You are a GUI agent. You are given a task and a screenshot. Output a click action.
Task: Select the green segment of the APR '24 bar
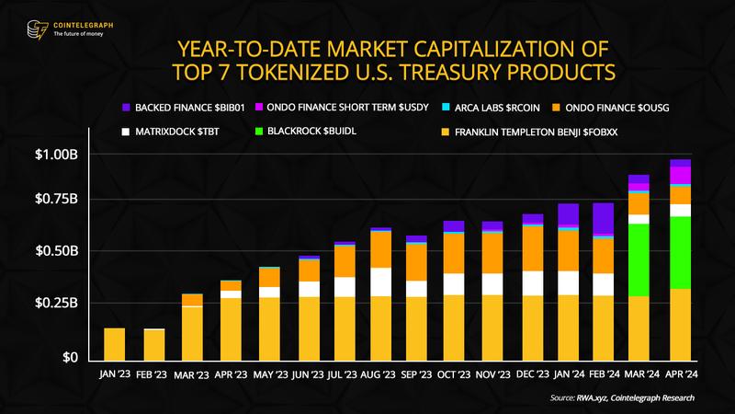680,252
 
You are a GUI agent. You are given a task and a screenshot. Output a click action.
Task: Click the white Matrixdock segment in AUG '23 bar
380,282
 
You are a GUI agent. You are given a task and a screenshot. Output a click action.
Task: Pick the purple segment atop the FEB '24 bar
603,219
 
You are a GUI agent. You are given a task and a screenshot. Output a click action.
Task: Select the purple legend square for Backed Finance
126,108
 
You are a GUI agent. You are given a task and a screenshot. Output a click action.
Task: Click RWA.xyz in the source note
590,397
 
